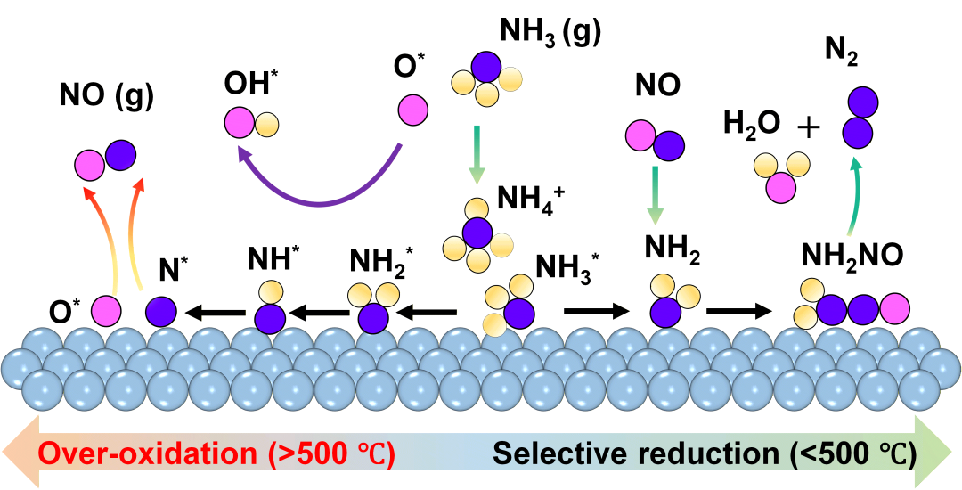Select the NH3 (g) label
click(x=549, y=33)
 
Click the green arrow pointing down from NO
click(x=655, y=195)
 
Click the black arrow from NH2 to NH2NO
click(x=739, y=312)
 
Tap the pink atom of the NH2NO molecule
click(x=894, y=310)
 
